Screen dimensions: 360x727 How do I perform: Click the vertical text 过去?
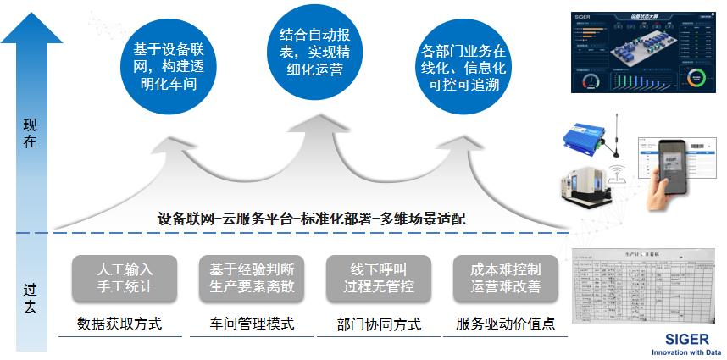pos(31,297)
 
